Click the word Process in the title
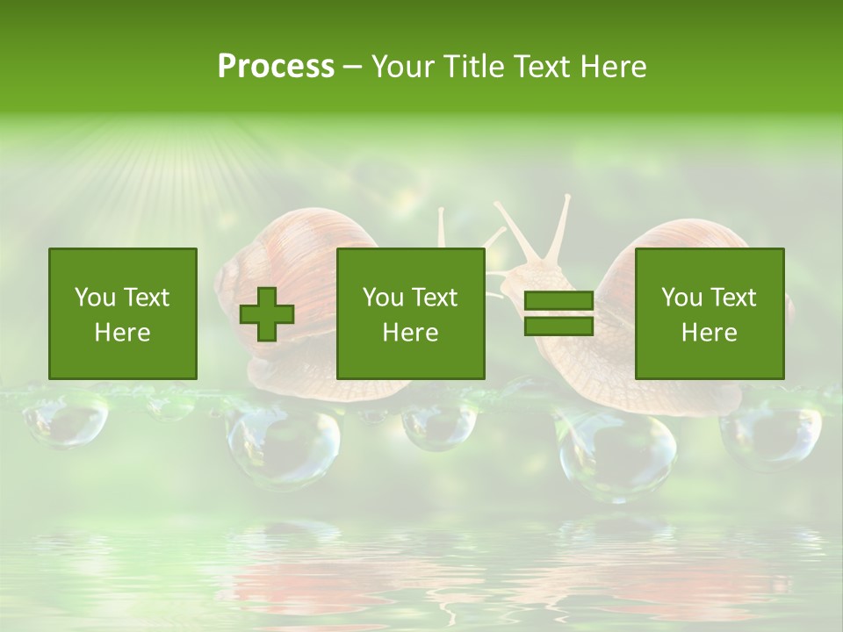tap(276, 67)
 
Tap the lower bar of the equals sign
tap(558, 326)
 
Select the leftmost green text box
tap(123, 313)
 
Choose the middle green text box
tap(411, 313)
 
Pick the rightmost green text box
tap(710, 313)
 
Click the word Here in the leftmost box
tap(123, 333)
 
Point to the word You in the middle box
tap(383, 298)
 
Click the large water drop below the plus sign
tap(283, 443)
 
